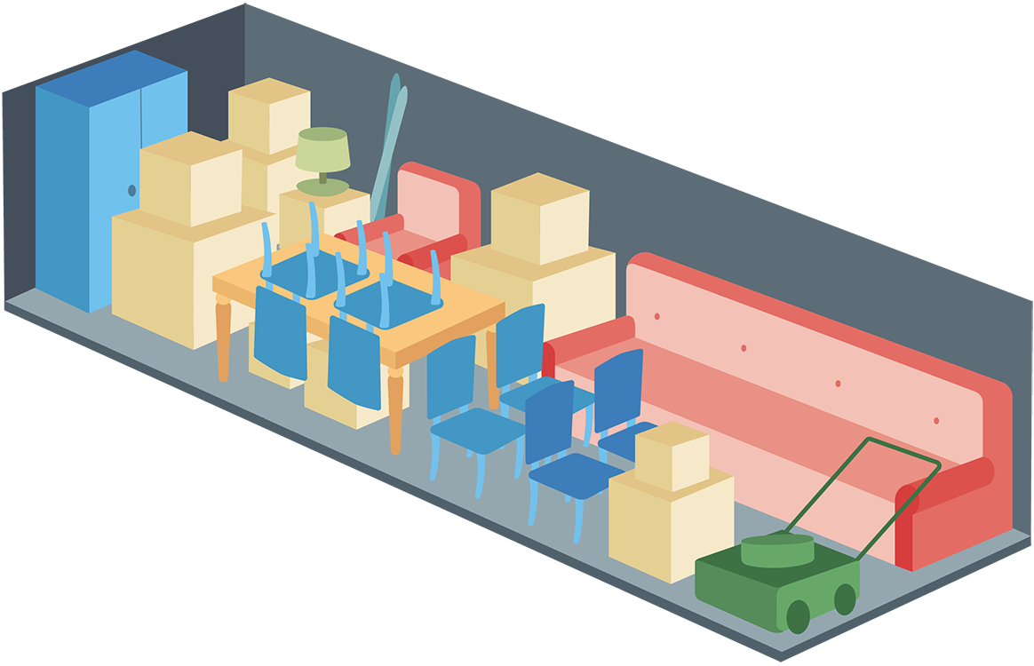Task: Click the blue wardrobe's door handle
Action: click(131, 190)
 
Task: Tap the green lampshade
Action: click(322, 149)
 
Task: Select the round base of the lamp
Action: click(322, 186)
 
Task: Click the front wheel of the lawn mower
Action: click(798, 616)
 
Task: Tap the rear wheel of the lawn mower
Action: click(845, 599)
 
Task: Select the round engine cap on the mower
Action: click(777, 549)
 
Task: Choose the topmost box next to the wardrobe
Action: click(268, 115)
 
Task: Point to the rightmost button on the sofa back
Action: click(935, 420)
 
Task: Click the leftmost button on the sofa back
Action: click(656, 316)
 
